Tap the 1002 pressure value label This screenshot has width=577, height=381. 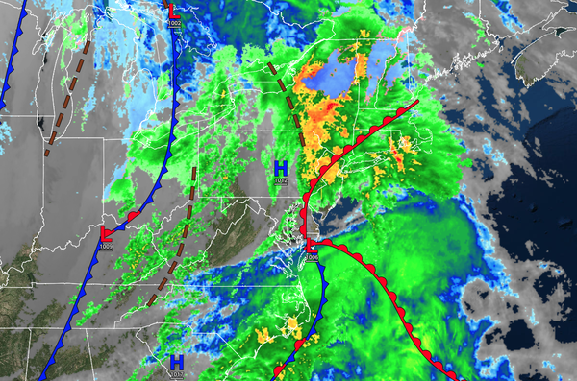point(174,23)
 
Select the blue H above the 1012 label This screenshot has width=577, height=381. point(281,168)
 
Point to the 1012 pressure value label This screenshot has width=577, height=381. point(281,180)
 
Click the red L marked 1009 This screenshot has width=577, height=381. point(105,234)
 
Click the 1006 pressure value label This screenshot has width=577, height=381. point(311,256)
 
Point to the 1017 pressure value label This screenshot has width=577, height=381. point(177,373)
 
